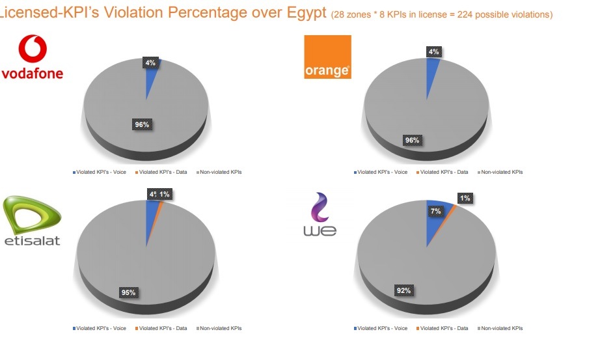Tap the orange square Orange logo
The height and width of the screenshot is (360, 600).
tap(327, 57)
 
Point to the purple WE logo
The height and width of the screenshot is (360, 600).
tap(320, 215)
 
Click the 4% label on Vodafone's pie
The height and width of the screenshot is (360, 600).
tap(150, 63)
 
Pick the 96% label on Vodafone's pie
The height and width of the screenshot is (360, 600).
tap(143, 124)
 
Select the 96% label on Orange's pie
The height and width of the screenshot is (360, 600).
tap(411, 140)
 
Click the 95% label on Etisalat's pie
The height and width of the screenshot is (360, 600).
tap(128, 292)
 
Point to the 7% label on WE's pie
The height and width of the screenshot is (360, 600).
tap(435, 211)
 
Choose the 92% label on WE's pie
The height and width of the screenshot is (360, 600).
tap(403, 290)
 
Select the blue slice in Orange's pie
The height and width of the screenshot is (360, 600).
tap(431, 78)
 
